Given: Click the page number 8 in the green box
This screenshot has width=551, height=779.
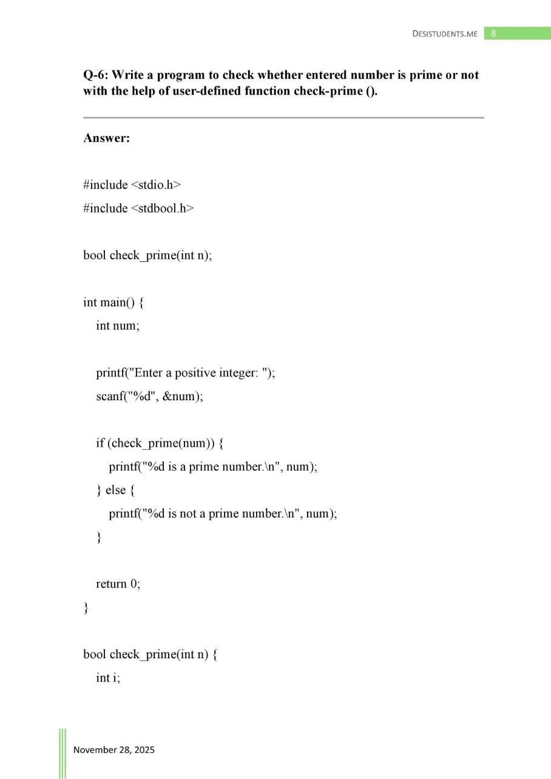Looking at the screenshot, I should [493, 33].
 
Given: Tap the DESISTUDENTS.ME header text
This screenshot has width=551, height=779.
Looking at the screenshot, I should [445, 34].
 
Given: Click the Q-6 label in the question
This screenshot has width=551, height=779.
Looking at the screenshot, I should [95, 75].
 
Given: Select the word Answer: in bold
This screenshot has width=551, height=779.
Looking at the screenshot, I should [107, 138].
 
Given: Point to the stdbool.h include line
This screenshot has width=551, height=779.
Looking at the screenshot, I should [138, 208].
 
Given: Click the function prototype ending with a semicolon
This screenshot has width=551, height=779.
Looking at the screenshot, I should [147, 255].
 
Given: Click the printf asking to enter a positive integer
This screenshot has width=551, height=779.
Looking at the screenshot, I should [186, 373].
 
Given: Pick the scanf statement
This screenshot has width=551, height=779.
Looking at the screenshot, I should [149, 396].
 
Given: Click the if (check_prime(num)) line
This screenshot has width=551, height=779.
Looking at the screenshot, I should [160, 443].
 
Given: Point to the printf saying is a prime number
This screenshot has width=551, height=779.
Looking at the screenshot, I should [213, 467].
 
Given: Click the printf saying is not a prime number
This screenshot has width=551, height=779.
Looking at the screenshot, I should [223, 514].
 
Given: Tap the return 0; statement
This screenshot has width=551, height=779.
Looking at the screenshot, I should [118, 584].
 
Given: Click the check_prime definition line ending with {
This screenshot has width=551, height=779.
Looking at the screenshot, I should [150, 655].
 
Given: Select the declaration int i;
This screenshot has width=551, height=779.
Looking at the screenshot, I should [108, 678].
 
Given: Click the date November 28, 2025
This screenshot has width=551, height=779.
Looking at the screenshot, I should [114, 750].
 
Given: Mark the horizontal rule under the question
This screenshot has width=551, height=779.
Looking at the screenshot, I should [283, 117].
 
